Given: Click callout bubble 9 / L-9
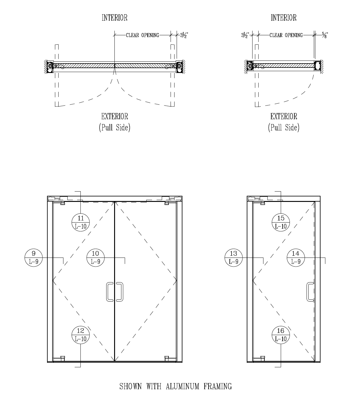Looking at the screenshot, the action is point(33,258).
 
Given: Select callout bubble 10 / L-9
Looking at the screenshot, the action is point(96,258).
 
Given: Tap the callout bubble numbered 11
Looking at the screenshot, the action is point(81,222).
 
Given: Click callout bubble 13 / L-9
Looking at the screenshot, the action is point(234,258).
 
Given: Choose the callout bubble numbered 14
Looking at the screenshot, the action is point(296,258).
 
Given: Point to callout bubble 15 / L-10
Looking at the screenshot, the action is point(281,222).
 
